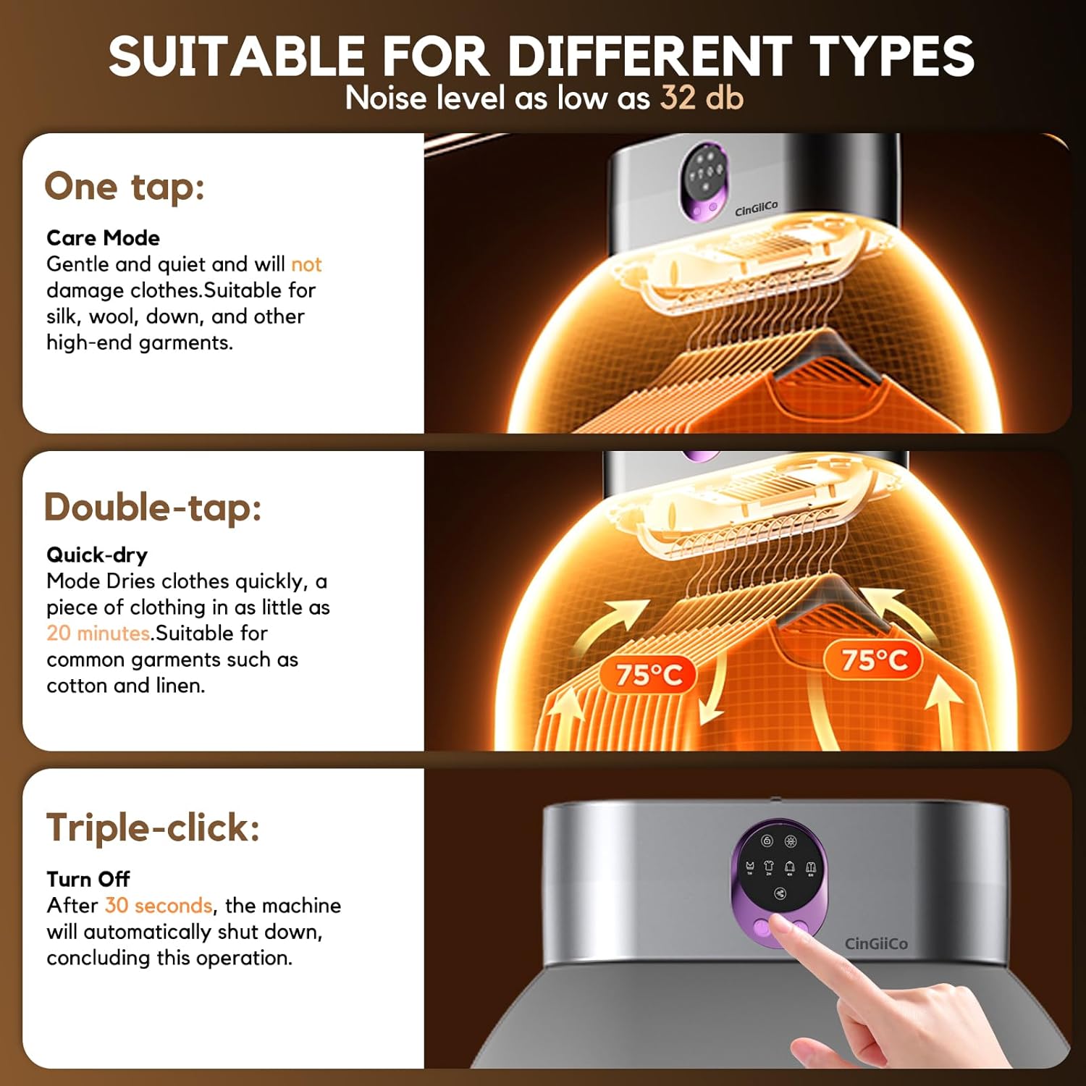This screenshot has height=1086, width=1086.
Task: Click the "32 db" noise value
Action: (x=702, y=98)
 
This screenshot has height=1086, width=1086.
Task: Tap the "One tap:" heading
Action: (x=125, y=188)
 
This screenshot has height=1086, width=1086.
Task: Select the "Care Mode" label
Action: (x=103, y=237)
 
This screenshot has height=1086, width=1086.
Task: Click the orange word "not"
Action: (x=306, y=264)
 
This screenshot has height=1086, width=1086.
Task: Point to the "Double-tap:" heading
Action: (x=153, y=507)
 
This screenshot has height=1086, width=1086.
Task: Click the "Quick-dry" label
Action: (x=97, y=555)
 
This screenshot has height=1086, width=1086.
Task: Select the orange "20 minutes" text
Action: (x=98, y=633)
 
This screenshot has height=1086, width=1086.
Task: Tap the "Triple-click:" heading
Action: (x=153, y=828)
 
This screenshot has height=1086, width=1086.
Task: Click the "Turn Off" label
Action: (x=88, y=879)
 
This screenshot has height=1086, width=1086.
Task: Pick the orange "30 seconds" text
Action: (x=159, y=905)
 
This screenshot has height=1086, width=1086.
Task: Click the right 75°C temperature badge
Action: (x=874, y=660)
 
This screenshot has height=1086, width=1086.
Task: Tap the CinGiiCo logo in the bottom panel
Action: (x=876, y=943)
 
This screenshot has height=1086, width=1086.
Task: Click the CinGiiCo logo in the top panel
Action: (x=756, y=209)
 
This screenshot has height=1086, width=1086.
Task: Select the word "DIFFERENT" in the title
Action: (x=648, y=56)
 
